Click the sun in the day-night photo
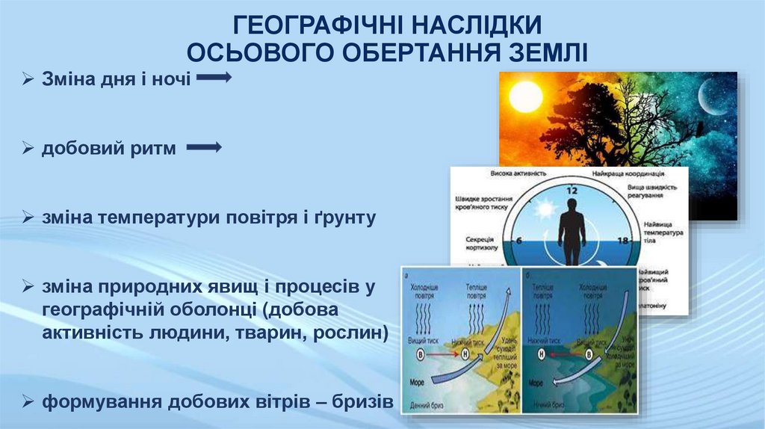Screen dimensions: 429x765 tap(526, 97)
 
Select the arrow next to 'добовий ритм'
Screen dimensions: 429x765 tap(204, 148)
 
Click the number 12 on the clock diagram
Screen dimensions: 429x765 tap(572, 190)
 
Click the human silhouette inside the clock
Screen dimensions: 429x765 tap(572, 232)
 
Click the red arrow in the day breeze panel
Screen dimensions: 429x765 tap(446, 355)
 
